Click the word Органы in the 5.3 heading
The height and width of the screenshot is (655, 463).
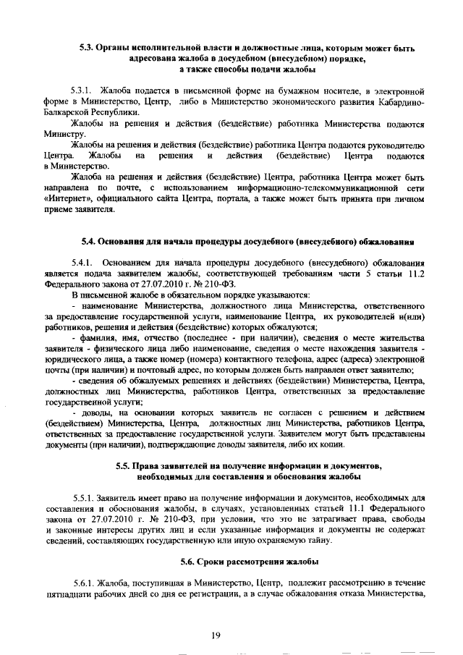(x=117, y=49)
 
